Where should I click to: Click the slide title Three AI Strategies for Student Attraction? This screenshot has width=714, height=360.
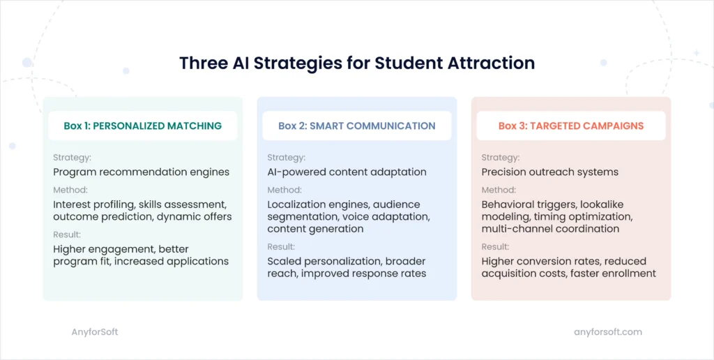click(x=356, y=63)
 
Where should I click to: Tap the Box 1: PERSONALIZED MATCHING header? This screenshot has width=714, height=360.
click(x=142, y=126)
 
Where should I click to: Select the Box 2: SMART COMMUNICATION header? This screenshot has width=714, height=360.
click(x=356, y=126)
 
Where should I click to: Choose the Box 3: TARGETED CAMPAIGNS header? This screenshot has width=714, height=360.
click(x=570, y=126)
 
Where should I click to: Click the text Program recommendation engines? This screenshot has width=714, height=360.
click(x=141, y=172)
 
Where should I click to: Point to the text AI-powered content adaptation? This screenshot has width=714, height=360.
click(x=347, y=172)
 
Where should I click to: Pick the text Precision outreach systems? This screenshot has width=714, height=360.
click(x=550, y=172)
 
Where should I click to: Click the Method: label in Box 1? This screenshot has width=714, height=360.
click(x=70, y=190)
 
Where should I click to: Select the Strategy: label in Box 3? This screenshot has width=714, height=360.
click(x=500, y=158)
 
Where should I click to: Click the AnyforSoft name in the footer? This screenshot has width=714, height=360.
click(x=95, y=332)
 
